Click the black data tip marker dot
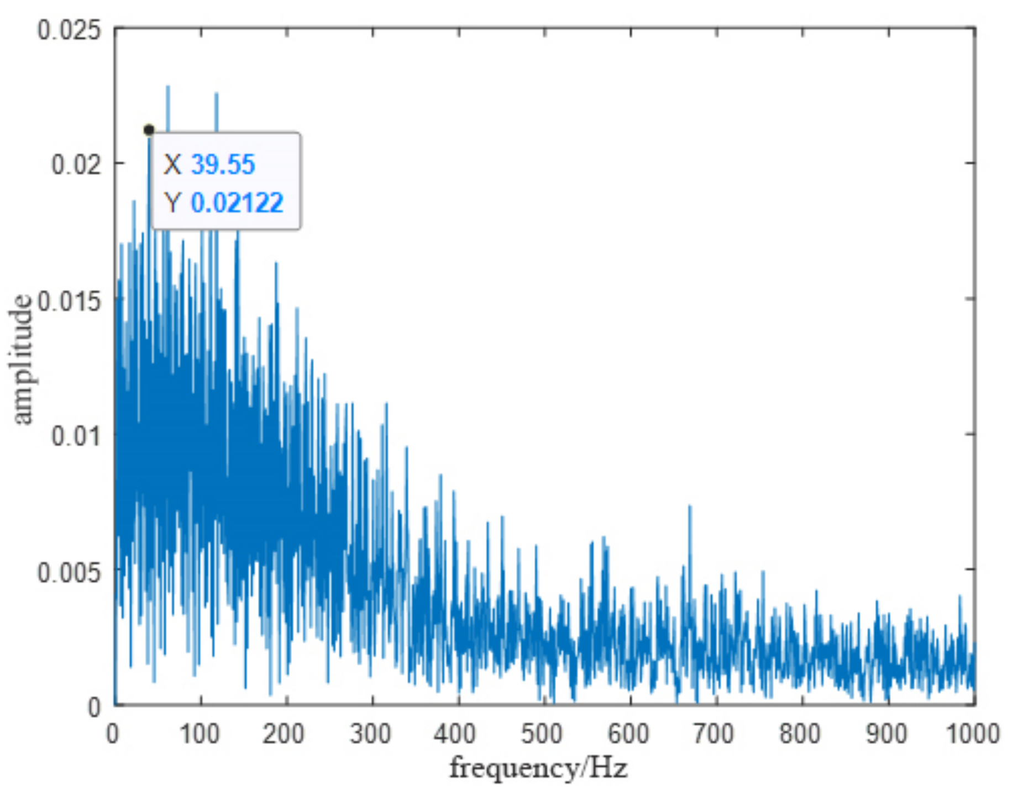pyautogui.click(x=148, y=130)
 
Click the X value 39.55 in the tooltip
pyautogui.click(x=223, y=165)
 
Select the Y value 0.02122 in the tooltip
pyautogui.click(x=237, y=203)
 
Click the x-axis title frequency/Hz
pyautogui.click(x=538, y=768)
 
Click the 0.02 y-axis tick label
pyautogui.click(x=77, y=164)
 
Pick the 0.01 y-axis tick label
pyautogui.click(x=77, y=436)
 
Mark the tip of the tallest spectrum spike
pyautogui.click(x=167, y=87)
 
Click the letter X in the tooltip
pyautogui.click(x=172, y=165)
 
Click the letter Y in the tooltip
pyautogui.click(x=172, y=203)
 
